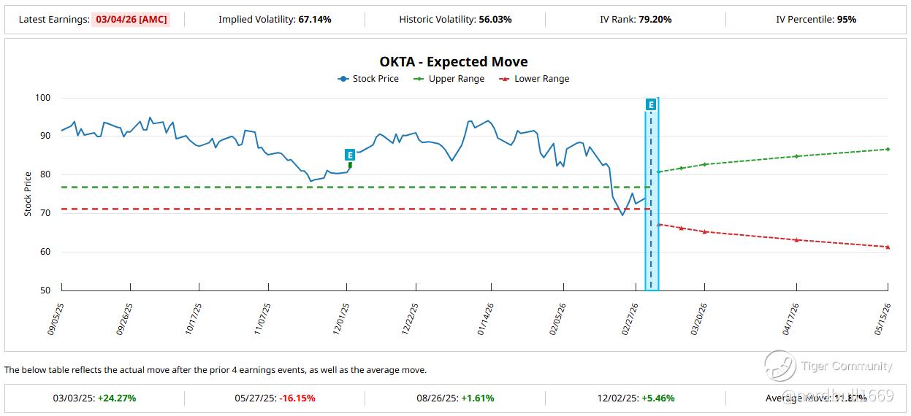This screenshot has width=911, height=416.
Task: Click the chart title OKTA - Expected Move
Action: coord(453,62)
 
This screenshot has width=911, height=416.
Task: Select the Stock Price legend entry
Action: coord(368,79)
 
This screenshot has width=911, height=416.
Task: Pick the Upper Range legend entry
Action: coord(449,79)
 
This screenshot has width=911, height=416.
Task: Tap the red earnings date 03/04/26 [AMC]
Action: coord(131,20)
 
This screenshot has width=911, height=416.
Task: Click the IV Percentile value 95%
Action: coord(846,20)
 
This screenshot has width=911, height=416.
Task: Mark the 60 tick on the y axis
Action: coord(45,252)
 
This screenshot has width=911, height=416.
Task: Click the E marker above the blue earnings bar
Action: coord(651,104)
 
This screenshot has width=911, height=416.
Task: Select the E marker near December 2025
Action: coord(350,155)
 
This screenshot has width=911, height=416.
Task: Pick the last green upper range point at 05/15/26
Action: coord(888,149)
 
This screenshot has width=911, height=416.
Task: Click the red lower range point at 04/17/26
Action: coord(796,240)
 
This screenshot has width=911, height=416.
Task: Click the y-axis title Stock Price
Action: coord(28,193)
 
